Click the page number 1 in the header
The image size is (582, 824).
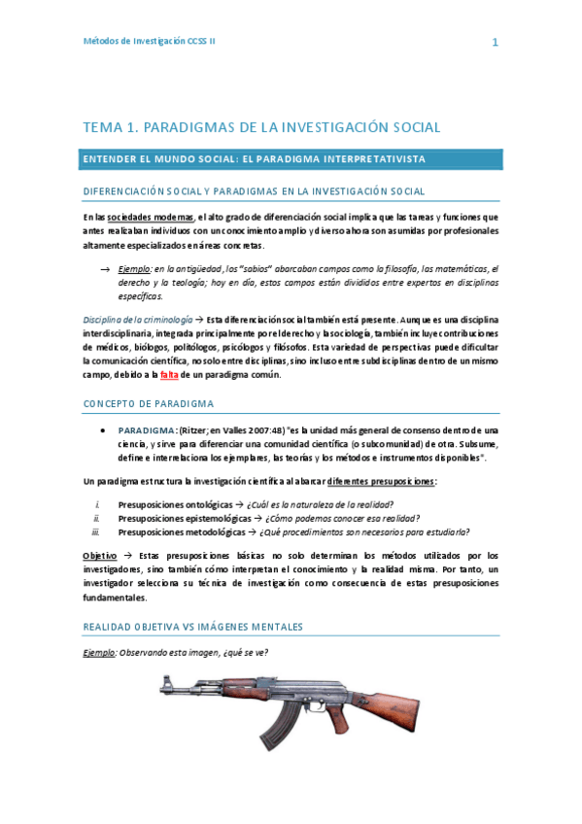495,42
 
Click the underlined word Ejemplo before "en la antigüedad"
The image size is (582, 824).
135,268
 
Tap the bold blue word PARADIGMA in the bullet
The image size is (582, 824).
146,429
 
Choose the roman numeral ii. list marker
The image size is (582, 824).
96,518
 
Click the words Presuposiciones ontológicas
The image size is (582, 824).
175,504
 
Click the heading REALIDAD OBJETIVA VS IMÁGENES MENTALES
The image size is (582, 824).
193,628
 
